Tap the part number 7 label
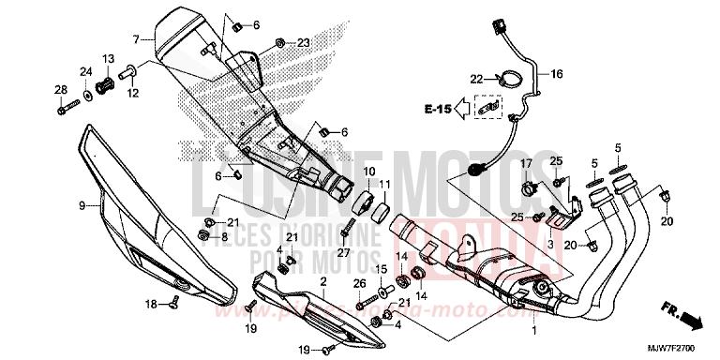coord(136,38)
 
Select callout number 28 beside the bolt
coord(61,90)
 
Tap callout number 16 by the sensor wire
coord(556,72)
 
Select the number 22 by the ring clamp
coord(476,78)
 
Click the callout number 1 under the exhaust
coord(534,332)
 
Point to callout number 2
coord(322,281)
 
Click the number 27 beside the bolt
coord(344,252)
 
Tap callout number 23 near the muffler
coord(303,43)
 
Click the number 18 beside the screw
coord(149,305)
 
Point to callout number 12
coord(132,93)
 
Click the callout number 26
coord(359,283)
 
